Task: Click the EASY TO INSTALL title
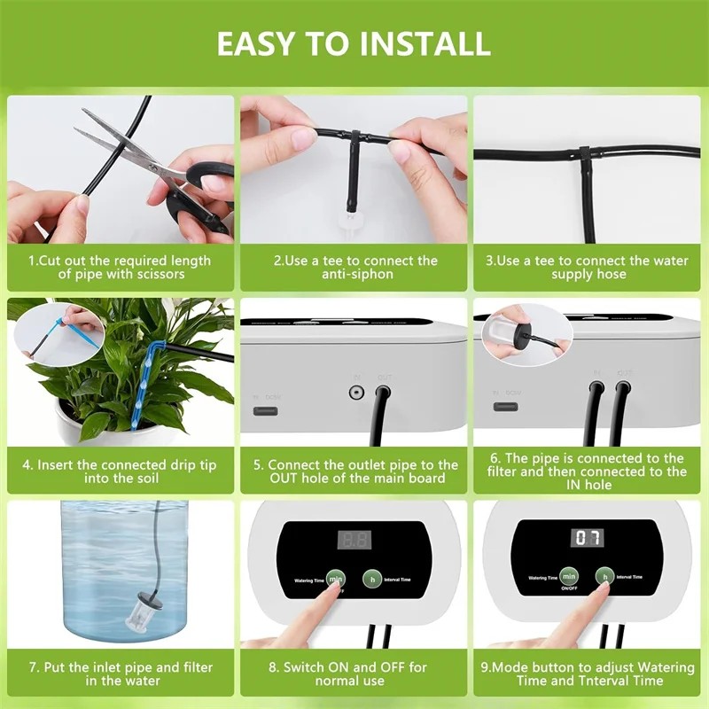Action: click(354, 43)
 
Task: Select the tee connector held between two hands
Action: click(354, 142)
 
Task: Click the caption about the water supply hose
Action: click(586, 268)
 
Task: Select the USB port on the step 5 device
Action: click(266, 409)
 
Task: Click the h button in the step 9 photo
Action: click(605, 577)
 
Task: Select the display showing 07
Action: click(588, 538)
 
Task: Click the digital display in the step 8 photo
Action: click(353, 539)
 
